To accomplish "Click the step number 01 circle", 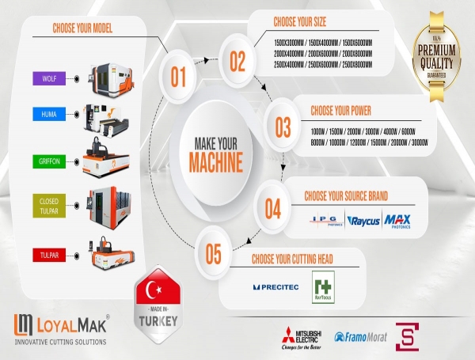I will tap(178, 77).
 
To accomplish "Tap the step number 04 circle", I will tap(272, 208).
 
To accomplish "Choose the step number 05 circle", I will tap(213, 254).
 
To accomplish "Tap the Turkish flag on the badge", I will tap(161, 291).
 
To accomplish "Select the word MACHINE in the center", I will tap(215, 165).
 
